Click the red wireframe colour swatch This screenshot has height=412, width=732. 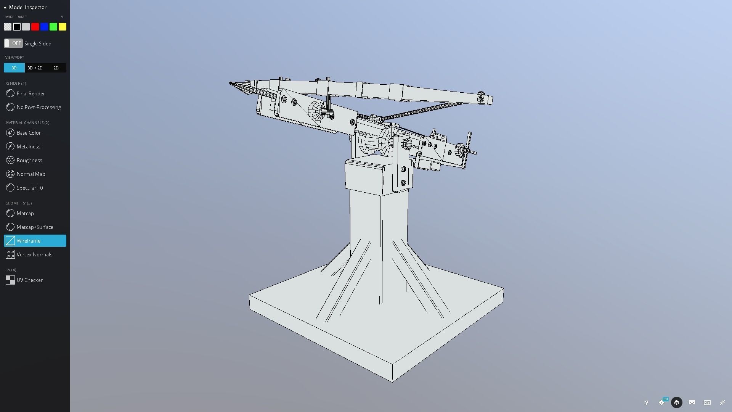(35, 27)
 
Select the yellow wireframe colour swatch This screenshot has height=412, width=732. (63, 27)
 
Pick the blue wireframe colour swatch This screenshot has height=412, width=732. (44, 27)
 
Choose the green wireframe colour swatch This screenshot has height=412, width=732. (53, 27)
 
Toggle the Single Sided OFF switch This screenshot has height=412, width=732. (13, 43)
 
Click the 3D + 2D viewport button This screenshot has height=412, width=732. (35, 68)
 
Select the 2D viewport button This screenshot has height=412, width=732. (56, 68)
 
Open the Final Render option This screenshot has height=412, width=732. (30, 93)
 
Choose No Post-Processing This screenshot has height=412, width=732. (39, 107)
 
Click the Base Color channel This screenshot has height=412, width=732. (29, 133)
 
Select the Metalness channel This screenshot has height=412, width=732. (28, 146)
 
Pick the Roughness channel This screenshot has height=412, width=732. (29, 160)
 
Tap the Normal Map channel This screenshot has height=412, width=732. (30, 174)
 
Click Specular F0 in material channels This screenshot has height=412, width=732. (30, 188)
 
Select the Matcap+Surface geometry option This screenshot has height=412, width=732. (35, 227)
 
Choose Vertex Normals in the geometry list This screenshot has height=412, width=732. (34, 254)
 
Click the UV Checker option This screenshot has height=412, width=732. (29, 280)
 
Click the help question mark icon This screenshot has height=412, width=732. (646, 402)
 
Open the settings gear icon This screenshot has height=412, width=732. (661, 402)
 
